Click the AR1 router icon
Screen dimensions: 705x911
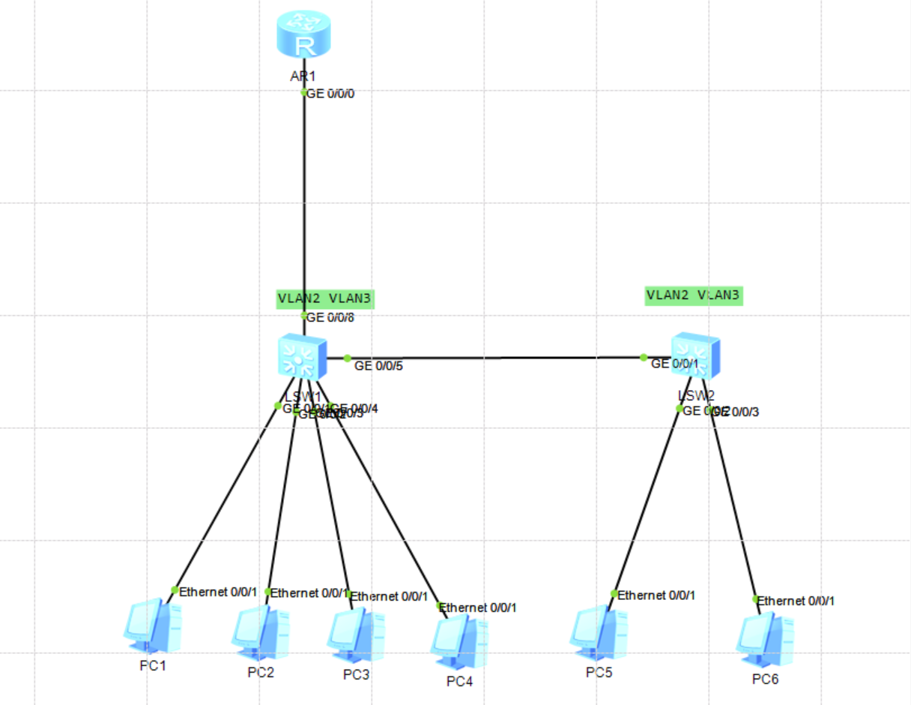303,34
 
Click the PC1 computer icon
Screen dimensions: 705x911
152,625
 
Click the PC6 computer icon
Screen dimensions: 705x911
765,640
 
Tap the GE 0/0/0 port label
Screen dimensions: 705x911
330,94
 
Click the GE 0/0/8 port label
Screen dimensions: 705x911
330,317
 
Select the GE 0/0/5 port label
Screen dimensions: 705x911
379,366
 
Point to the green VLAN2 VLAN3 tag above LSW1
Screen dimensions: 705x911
324,298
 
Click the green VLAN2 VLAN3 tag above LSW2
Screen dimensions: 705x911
693,295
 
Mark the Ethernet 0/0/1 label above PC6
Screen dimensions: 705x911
796,601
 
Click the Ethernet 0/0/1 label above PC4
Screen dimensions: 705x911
478,607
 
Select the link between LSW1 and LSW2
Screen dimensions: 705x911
494,358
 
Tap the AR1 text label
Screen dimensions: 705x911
303,76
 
